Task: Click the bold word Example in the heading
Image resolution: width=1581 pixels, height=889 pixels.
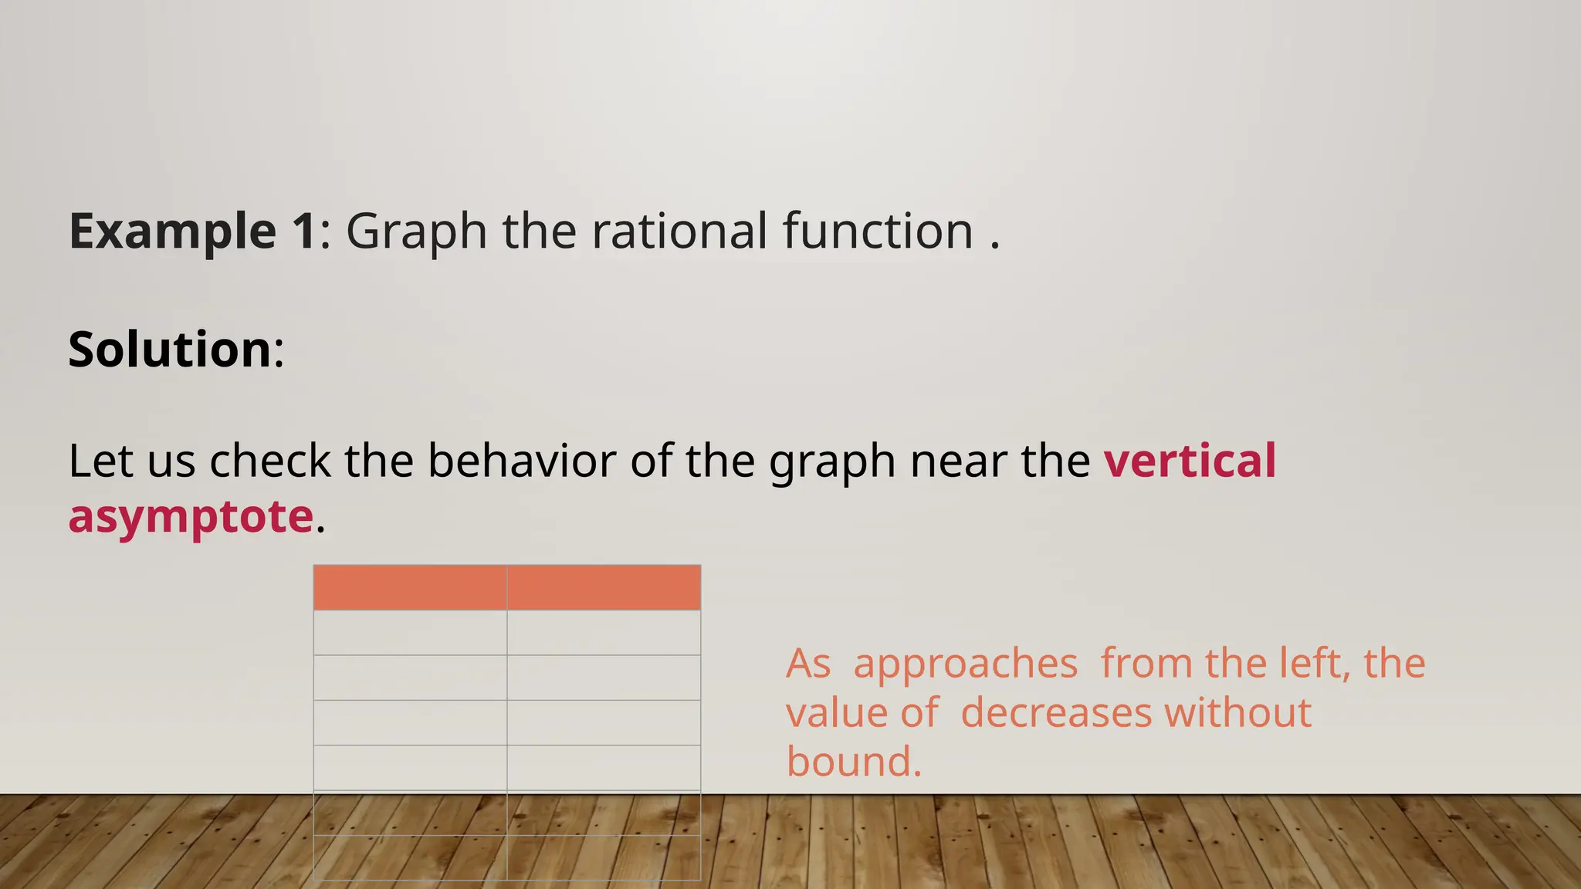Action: [172, 231]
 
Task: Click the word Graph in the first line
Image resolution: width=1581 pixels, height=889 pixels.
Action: [416, 231]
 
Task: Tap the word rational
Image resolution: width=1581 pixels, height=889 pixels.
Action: [679, 231]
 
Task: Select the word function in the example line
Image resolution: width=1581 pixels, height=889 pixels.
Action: [878, 231]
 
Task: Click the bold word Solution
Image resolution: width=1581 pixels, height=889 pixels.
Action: [170, 349]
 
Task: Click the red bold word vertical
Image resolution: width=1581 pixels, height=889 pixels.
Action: [1190, 461]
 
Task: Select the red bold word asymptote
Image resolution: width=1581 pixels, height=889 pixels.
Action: [191, 516]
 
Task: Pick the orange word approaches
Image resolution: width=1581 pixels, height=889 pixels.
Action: [965, 664]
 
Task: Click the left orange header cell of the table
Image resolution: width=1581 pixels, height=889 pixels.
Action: [410, 587]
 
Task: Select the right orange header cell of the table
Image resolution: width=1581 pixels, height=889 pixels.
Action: [604, 587]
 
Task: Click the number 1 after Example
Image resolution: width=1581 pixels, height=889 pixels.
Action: [303, 231]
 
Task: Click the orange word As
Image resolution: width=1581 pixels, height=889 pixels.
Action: [808, 664]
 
